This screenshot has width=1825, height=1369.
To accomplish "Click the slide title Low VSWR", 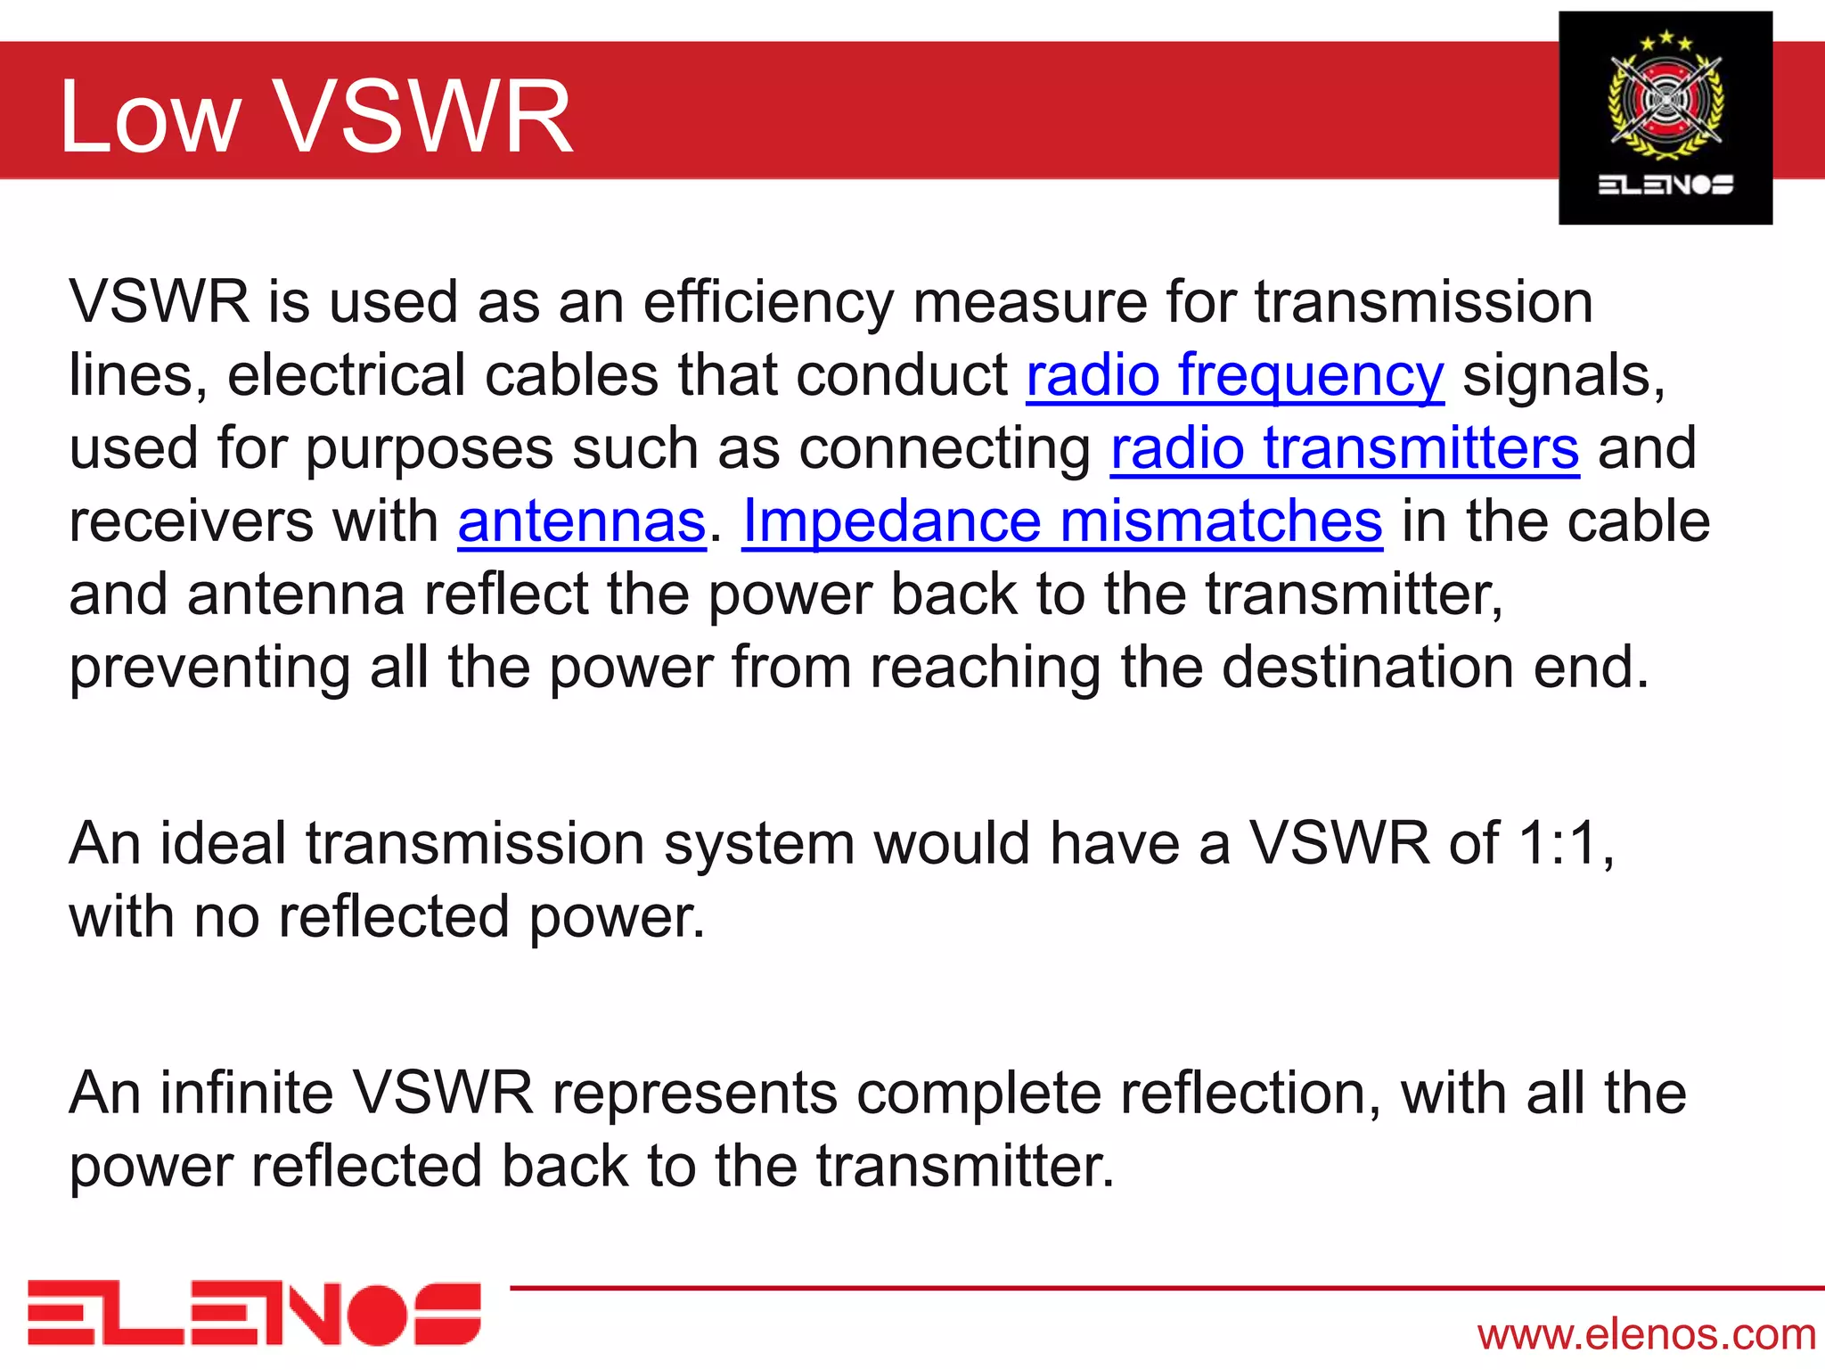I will click(315, 117).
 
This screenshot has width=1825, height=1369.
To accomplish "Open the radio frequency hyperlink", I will click(1235, 375).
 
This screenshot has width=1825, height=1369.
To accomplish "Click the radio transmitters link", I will click(1345, 448).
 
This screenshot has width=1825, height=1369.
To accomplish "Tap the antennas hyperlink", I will click(582, 521).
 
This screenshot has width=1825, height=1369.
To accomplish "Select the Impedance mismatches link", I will click(1062, 521).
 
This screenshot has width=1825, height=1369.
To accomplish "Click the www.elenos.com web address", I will click(1646, 1334).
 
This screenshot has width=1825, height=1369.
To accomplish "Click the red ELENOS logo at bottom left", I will click(254, 1314).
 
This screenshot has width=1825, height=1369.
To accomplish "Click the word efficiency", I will click(768, 303).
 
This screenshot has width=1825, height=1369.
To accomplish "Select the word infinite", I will click(246, 1094).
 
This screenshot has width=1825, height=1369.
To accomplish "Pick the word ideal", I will click(223, 843).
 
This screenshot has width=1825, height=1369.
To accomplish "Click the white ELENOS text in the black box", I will click(1665, 184).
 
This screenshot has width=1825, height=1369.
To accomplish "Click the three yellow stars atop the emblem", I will click(1665, 40).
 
